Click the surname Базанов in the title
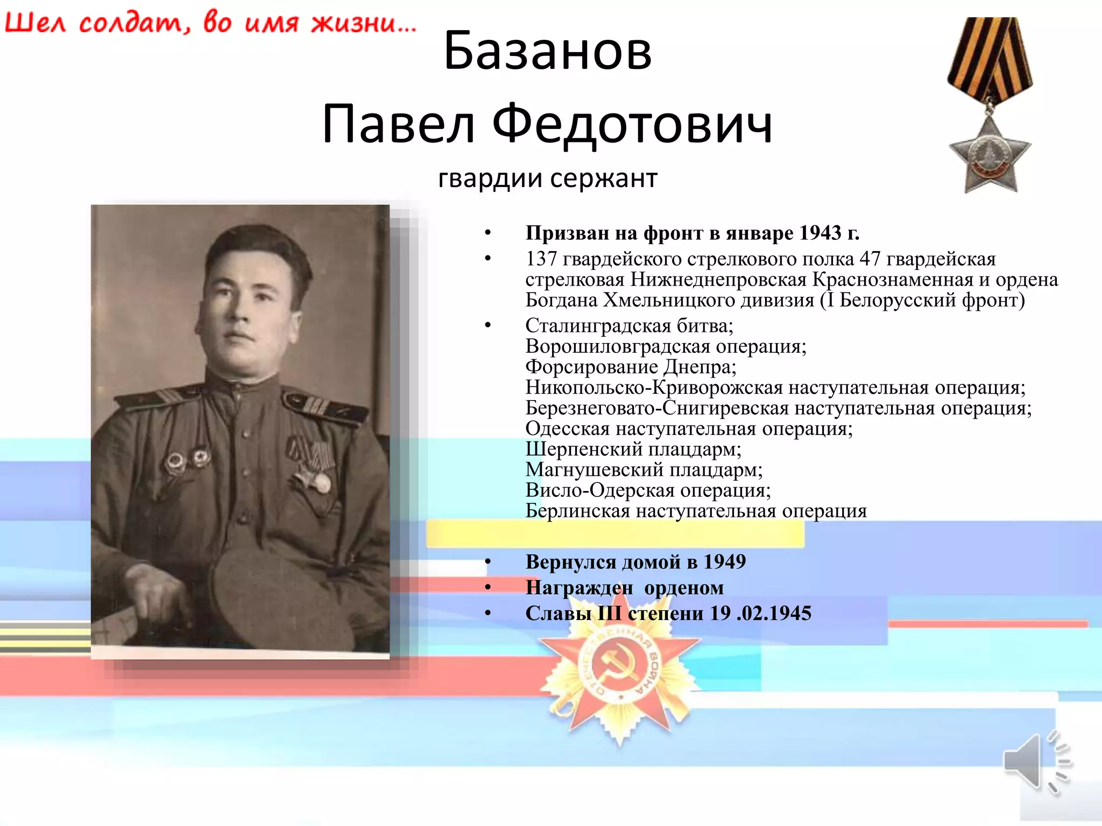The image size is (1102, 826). point(547,51)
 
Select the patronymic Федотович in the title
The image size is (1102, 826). point(632,125)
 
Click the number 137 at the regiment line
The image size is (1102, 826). point(541,259)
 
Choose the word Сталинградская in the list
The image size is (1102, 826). point(598,326)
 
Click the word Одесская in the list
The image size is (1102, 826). point(567,429)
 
